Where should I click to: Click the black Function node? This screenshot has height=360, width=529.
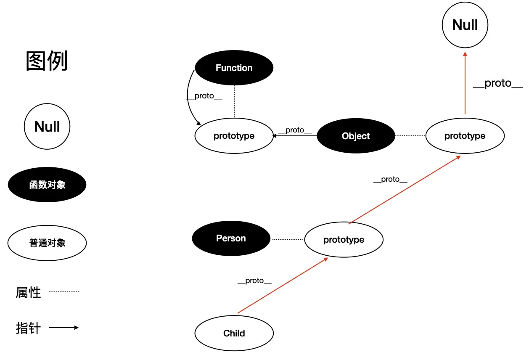(x=234, y=68)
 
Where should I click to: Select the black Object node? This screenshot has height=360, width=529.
(x=356, y=136)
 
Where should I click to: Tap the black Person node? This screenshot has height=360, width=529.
(x=231, y=238)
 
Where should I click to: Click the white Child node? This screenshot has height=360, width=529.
(x=234, y=334)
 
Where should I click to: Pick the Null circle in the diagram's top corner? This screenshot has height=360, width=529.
(x=465, y=25)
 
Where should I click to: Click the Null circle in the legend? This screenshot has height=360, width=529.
(x=47, y=127)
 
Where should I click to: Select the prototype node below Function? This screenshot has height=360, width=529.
(x=234, y=136)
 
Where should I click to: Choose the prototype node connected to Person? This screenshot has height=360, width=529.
(x=344, y=240)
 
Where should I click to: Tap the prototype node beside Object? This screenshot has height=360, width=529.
(x=465, y=136)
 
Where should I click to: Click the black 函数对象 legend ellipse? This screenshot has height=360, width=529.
(x=47, y=185)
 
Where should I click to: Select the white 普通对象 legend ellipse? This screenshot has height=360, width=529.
(x=47, y=243)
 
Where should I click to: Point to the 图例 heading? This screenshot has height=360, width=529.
(x=47, y=61)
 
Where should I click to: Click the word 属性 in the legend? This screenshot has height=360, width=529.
(x=28, y=292)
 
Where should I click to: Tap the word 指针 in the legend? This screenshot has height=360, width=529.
(x=28, y=328)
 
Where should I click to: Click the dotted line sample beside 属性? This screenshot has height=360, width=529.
(x=64, y=291)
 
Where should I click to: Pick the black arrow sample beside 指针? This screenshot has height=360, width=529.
(x=64, y=328)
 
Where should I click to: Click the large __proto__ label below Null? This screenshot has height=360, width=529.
(x=498, y=83)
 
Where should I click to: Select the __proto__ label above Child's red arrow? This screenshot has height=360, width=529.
(x=254, y=281)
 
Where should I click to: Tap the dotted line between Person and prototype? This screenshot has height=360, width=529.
(x=287, y=239)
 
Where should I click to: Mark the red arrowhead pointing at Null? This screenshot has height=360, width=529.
(x=465, y=54)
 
